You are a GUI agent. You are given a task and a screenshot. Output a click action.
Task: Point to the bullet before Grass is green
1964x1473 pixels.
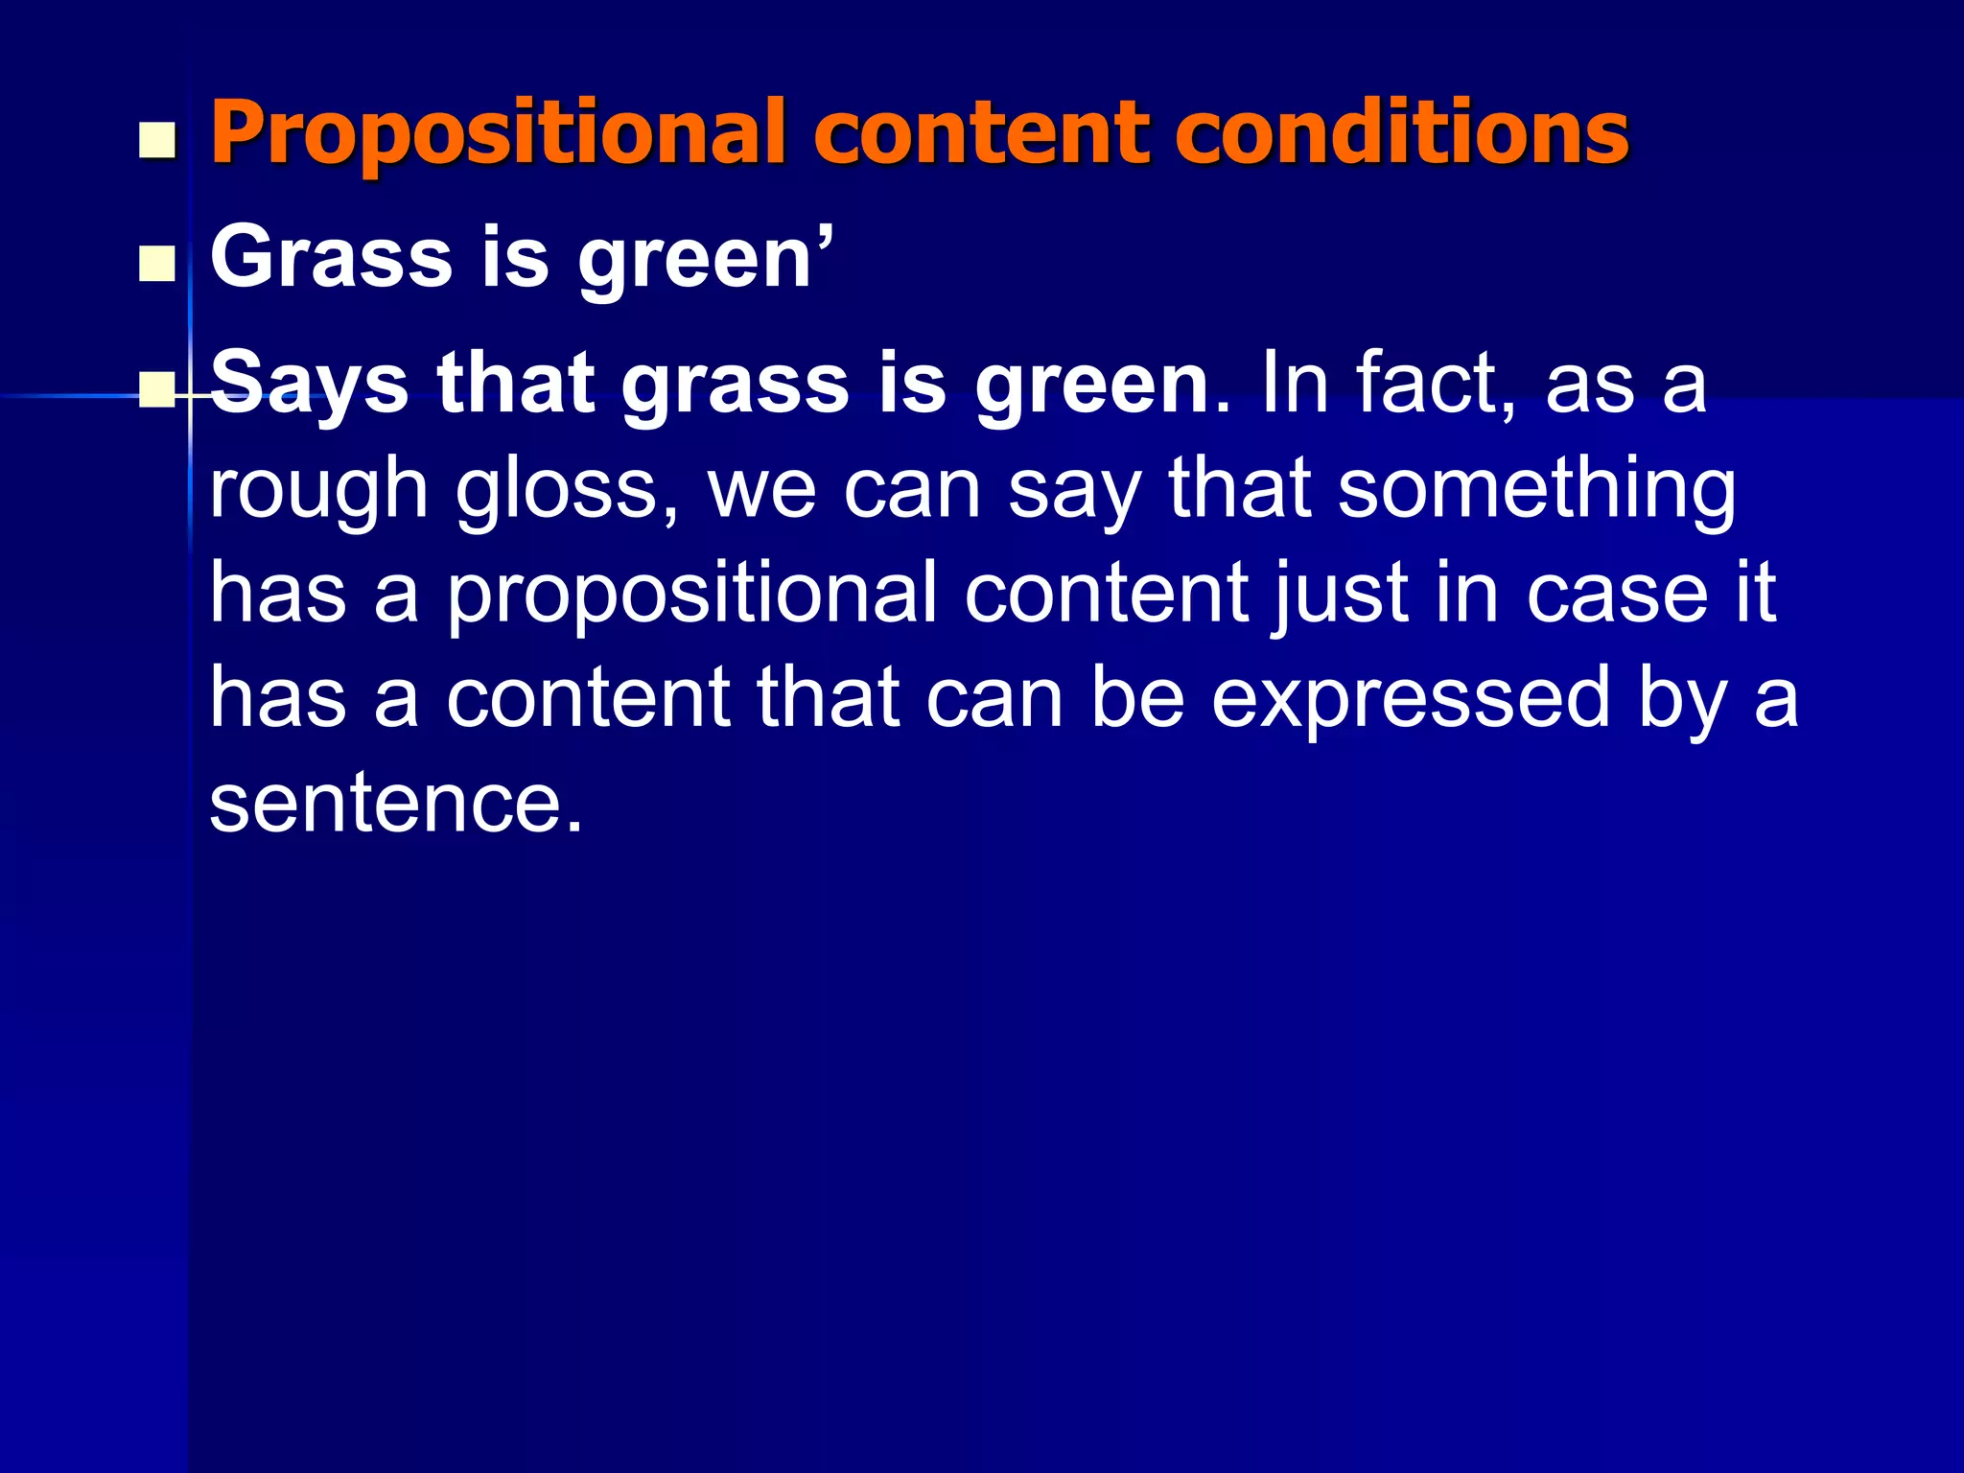coord(157,264)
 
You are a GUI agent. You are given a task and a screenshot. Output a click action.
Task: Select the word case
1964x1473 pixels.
coord(1617,595)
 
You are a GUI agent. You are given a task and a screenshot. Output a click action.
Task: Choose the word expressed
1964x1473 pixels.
coord(1410,701)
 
